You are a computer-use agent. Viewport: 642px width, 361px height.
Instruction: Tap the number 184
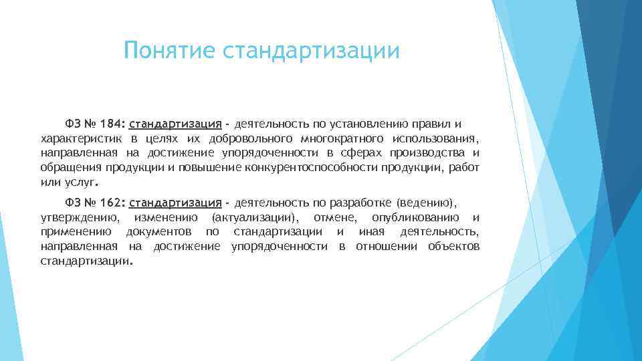112,124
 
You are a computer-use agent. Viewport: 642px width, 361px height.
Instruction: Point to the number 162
112,203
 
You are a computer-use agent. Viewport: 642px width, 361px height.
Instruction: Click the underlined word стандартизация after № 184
176,124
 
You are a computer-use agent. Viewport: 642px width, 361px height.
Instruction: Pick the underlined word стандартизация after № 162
176,203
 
